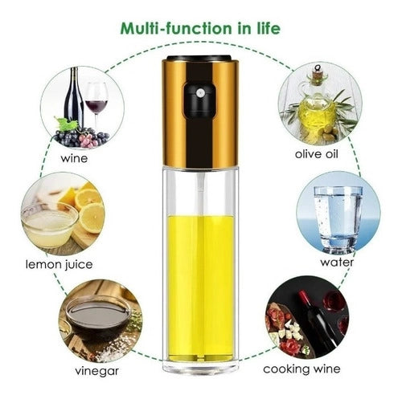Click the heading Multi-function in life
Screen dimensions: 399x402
point(200,29)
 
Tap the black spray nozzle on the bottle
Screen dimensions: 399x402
point(194,100)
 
